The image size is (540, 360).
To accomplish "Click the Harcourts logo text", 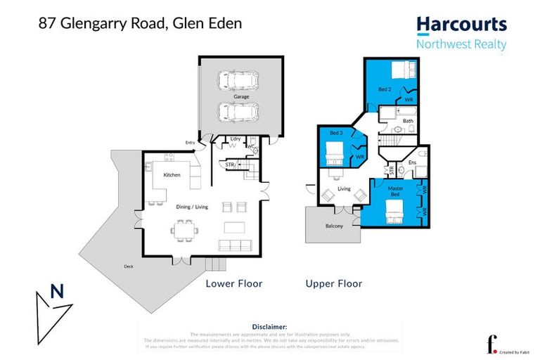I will coord(461,25).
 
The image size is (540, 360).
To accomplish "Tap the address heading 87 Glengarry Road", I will coord(140,23).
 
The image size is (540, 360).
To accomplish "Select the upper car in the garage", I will coord(237,81).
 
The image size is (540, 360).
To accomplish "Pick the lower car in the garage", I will coord(237,111).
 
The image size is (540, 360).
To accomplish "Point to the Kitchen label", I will coord(172,174).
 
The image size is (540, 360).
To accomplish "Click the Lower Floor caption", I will coord(233,284).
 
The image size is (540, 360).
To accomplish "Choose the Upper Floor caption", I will coord(334,284).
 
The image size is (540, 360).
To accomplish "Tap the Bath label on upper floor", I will coord(408,121).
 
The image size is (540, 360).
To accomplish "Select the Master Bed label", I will coord(396,191).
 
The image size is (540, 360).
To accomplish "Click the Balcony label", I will coord(334,226).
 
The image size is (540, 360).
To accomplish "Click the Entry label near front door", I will coord(190,143).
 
